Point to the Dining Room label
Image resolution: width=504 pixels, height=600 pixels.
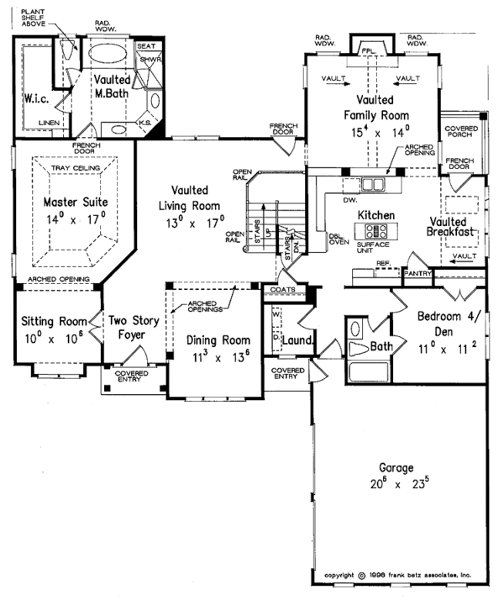coord(207,340)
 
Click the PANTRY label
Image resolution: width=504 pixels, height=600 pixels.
coord(417,273)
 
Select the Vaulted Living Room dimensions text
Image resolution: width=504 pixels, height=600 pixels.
coord(193,224)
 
